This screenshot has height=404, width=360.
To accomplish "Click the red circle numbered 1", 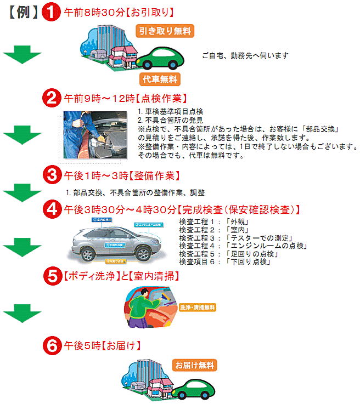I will tap(51, 12).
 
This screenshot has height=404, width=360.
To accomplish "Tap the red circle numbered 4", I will tap(52, 209).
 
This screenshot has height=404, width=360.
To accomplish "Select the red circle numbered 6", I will tap(52, 345).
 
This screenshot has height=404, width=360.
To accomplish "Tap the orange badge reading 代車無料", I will tap(160, 79).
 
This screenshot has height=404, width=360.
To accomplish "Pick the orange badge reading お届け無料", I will tap(195, 365).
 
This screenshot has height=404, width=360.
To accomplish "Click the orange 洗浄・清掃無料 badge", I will tap(198, 308).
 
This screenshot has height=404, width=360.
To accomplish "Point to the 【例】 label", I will tap(23, 13).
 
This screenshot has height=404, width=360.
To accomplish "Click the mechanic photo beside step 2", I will tap(97, 135).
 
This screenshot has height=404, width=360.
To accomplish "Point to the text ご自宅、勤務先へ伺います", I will tap(245, 55).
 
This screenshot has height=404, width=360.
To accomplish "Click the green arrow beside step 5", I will tap(22, 314).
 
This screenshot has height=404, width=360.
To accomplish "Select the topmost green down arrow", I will tap(22, 55).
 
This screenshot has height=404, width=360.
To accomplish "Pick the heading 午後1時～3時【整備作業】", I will tap(121, 175).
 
